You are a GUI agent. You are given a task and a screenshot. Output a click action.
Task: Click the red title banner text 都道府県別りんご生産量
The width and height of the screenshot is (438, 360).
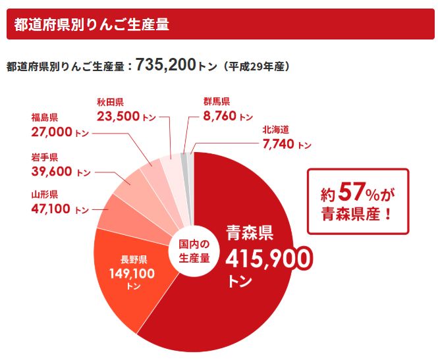coord(92,25)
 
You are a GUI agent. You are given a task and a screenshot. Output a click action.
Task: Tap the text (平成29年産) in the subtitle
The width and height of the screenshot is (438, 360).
coord(256,66)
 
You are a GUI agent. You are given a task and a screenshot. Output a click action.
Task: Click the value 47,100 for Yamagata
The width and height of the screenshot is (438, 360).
coord(51,209)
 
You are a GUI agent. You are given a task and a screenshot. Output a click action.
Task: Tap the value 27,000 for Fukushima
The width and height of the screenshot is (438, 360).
coord(51,132)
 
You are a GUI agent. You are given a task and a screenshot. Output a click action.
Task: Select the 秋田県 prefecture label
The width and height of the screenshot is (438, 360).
coord(110,101)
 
